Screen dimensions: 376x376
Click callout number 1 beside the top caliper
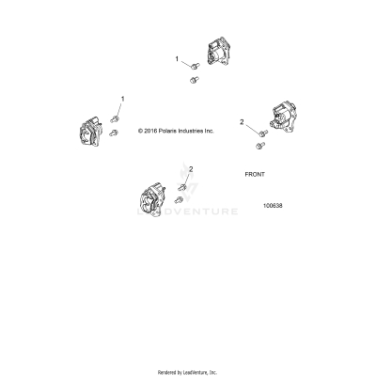pyautogui.click(x=176, y=59)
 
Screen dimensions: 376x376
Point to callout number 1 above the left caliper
pyautogui.click(x=121, y=98)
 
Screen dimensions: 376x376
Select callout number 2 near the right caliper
pyautogui.click(x=242, y=122)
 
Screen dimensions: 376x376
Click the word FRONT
pyautogui.click(x=256, y=175)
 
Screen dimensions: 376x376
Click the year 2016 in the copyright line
pyautogui.click(x=154, y=132)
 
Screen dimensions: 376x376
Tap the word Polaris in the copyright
pyautogui.click(x=175, y=132)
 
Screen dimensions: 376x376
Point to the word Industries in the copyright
pyautogui.click(x=201, y=132)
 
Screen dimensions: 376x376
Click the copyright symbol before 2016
pyautogui.click(x=141, y=132)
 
